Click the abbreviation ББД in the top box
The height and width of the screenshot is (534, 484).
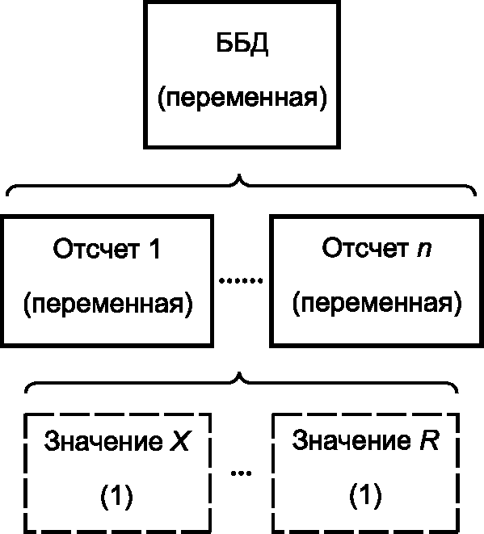(242, 44)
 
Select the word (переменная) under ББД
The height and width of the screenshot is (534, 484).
(242, 99)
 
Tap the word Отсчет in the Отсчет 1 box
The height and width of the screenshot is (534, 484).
(96, 250)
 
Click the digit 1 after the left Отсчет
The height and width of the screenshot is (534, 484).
(154, 249)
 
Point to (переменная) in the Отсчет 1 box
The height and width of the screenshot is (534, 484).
(108, 304)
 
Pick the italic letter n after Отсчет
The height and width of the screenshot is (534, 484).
(424, 250)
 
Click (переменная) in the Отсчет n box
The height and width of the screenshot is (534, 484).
(377, 303)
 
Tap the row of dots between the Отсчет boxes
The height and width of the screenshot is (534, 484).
(241, 280)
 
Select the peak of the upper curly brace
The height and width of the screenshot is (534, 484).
(239, 175)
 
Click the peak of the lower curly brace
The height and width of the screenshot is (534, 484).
(239, 372)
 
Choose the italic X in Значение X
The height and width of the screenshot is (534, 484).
(179, 441)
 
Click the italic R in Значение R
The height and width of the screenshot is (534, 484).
(430, 440)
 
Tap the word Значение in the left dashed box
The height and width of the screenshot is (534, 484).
(103, 442)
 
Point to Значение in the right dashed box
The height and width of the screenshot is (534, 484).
(351, 440)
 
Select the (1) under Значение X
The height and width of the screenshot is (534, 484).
(116, 495)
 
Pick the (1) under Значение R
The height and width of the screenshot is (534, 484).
(365, 495)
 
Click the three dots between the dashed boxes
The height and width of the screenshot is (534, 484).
(241, 473)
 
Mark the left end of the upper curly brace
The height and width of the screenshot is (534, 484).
(7, 196)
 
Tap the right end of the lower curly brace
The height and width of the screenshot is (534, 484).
(457, 392)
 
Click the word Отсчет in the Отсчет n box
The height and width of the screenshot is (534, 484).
(365, 248)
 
